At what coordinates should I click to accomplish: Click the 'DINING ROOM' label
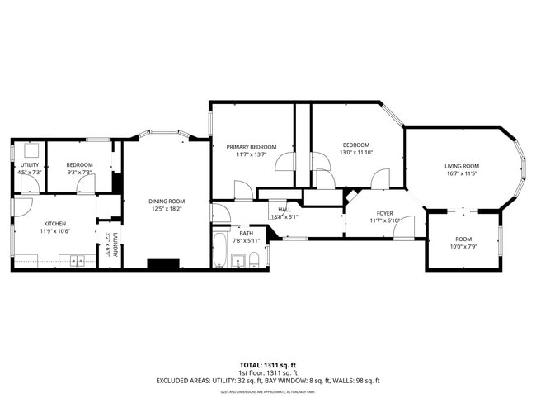tap(167, 201)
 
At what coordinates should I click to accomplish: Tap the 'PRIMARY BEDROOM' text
tap(251, 145)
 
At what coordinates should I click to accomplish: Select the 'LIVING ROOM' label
tap(462, 166)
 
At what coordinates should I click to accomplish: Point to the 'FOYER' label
tap(384, 213)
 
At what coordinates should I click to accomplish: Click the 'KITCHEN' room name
tap(54, 224)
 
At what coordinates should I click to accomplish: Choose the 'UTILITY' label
tap(29, 164)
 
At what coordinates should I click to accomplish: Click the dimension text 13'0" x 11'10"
tap(357, 153)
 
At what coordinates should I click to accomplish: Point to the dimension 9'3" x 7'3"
tap(79, 173)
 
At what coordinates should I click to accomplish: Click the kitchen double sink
tap(78, 263)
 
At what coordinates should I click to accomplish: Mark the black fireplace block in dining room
tap(162, 264)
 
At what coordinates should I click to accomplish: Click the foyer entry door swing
tap(403, 229)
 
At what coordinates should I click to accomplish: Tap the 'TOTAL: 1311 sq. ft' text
tap(267, 364)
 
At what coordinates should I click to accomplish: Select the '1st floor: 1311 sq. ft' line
tap(267, 372)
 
